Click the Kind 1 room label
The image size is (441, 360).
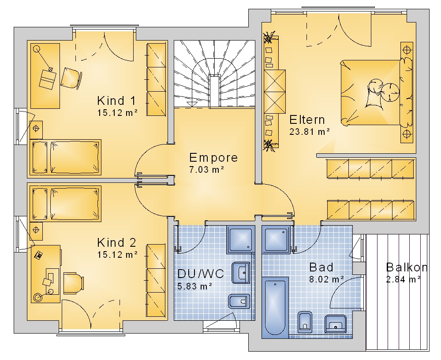[116, 100]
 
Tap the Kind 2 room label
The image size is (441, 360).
[116, 242]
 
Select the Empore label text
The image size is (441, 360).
[213, 158]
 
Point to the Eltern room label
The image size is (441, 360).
[307, 120]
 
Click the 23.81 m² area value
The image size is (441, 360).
[310, 131]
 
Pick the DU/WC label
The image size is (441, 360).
[201, 274]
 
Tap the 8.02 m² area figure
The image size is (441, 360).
[326, 279]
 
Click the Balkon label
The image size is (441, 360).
[407, 267]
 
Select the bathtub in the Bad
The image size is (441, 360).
[275, 308]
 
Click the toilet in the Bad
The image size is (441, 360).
[305, 322]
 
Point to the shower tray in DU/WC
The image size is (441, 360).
[240, 239]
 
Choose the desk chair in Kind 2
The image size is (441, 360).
[74, 283]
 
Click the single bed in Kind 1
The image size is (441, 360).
[66, 157]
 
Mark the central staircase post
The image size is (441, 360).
[215, 91]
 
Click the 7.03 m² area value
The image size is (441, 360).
[206, 170]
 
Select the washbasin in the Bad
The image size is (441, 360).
[336, 324]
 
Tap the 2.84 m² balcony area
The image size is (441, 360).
[404, 279]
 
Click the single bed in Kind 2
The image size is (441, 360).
[66, 204]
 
